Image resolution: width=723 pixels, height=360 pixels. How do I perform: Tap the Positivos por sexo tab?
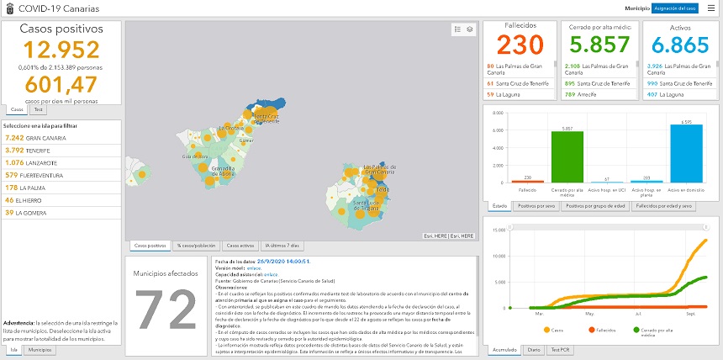(537, 205)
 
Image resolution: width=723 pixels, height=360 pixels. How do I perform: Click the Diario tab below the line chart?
(532, 349)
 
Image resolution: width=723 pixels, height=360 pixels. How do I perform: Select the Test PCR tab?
(559, 349)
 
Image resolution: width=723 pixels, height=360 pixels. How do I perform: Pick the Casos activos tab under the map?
(241, 246)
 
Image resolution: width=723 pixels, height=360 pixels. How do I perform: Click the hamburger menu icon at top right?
(710, 8)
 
